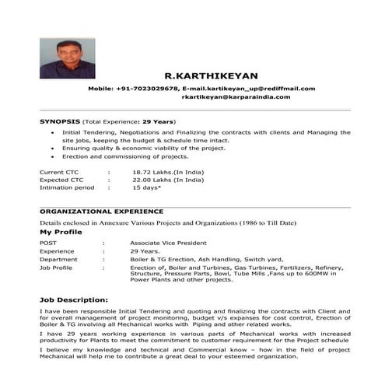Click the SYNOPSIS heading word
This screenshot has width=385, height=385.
tap(60, 122)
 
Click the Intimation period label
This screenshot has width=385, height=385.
tap(66, 187)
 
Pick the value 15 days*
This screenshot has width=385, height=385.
tap(146, 187)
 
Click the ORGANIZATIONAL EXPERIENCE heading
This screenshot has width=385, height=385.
tap(101, 211)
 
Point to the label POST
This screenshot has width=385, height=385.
tap(48, 243)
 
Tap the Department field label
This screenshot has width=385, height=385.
tap(58, 259)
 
